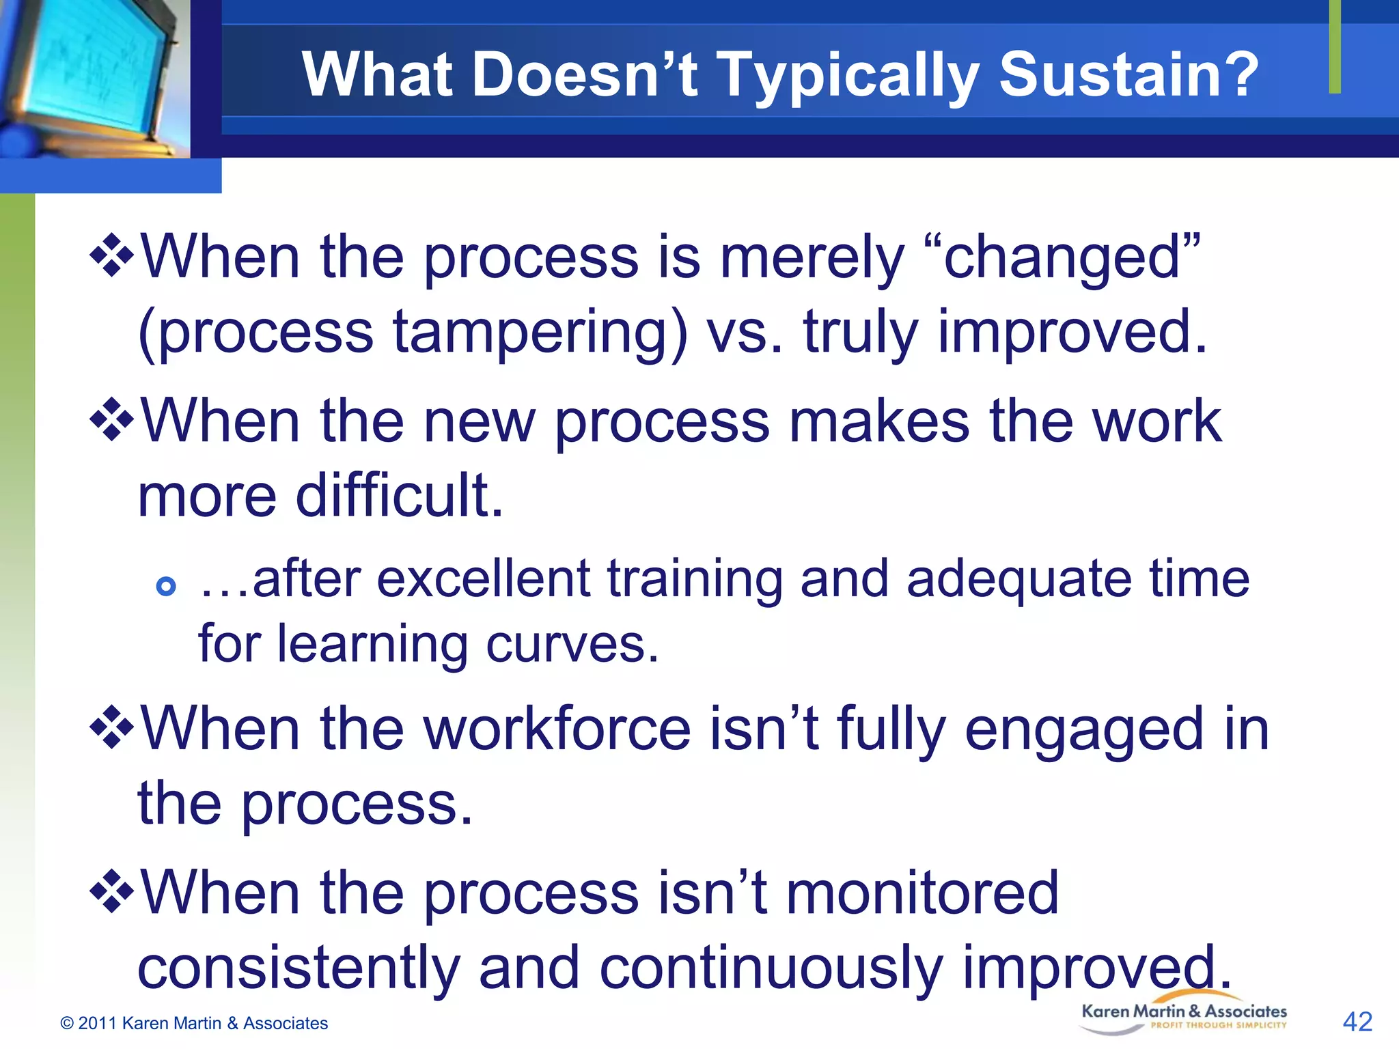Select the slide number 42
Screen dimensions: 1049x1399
pyautogui.click(x=1357, y=1022)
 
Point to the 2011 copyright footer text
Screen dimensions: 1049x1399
pyautogui.click(x=194, y=1023)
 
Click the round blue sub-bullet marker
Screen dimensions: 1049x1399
pyautogui.click(x=166, y=586)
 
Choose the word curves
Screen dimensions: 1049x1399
pyautogui.click(x=572, y=644)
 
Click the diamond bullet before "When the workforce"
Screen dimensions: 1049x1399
pyautogui.click(x=111, y=729)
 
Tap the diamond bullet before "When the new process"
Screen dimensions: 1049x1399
pyautogui.click(x=111, y=421)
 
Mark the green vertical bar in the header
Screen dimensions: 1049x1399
pyautogui.click(x=1334, y=46)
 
